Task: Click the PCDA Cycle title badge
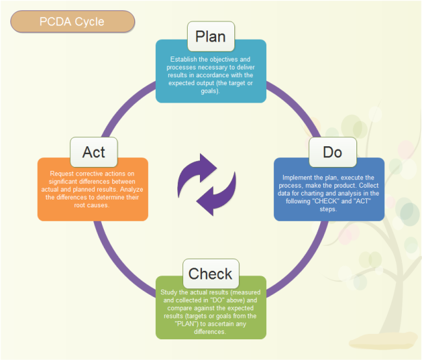(x=72, y=21)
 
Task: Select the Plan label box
(x=210, y=36)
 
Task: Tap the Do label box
(x=332, y=153)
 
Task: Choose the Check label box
(x=210, y=273)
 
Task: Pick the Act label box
(x=93, y=153)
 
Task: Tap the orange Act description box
(x=93, y=192)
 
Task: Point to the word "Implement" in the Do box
(x=298, y=177)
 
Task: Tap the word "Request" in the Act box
(x=63, y=174)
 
